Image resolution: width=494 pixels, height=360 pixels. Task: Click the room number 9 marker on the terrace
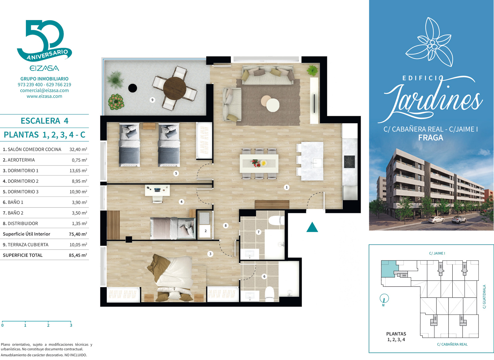pos(152,100)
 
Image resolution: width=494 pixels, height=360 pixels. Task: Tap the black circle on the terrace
pos(132,88)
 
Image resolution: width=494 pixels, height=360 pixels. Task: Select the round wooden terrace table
pos(175,88)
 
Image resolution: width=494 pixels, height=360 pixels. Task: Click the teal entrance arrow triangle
pos(312,227)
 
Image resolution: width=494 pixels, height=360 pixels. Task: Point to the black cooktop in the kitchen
pos(349,162)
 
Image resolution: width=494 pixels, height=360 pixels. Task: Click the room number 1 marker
pos(287,187)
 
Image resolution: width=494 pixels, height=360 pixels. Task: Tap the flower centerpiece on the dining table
pos(258,163)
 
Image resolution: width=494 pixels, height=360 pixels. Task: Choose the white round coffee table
pos(273,105)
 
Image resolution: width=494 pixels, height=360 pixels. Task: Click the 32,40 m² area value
pos(78,149)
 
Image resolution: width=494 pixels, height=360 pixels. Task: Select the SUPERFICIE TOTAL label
pos(23,255)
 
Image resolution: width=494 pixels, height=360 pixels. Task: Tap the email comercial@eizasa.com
pos(44,91)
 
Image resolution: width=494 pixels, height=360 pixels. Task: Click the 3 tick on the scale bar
pos(71,325)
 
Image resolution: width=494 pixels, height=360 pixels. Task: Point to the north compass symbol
pos(384,300)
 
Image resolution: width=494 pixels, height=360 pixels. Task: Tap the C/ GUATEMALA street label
pos(484,297)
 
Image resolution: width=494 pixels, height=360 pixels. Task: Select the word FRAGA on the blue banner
pos(431,137)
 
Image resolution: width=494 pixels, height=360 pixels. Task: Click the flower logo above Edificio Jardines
pos(429,42)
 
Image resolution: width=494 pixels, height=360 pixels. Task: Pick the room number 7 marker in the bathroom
pos(258,232)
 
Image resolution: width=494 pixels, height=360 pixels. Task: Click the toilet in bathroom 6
pos(269,294)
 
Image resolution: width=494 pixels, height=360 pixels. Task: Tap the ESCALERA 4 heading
pos(44,121)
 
